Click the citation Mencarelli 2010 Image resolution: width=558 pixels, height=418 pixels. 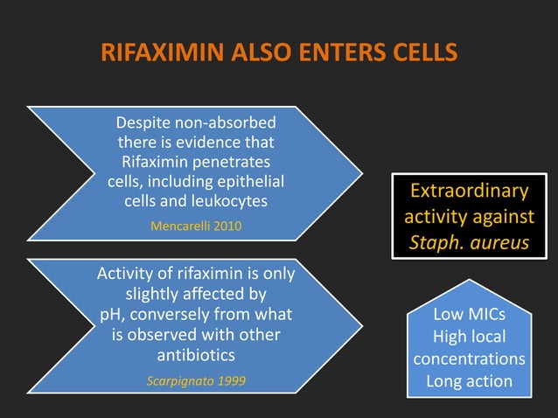(x=197, y=226)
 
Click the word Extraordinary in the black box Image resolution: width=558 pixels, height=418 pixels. (x=469, y=191)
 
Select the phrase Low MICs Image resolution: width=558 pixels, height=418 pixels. (x=469, y=314)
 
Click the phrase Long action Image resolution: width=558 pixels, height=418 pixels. (x=469, y=381)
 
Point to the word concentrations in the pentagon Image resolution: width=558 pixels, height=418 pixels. (x=469, y=359)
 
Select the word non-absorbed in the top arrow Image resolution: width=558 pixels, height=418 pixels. (x=226, y=122)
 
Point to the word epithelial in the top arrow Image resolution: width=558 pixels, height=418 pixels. (x=248, y=182)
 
